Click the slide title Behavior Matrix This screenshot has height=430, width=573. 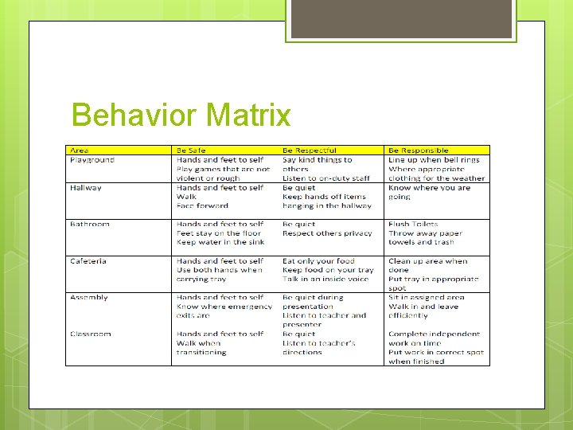(181, 116)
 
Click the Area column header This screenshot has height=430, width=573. (80, 150)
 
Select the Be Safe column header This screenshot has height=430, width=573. (191, 150)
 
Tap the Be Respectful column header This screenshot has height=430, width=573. (310, 150)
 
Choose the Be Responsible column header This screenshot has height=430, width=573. (419, 150)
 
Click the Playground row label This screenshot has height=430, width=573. (92, 159)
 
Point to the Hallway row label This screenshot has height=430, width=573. (86, 188)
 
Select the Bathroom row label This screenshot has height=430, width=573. (90, 225)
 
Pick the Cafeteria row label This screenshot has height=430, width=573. (88, 261)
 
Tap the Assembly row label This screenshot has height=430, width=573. (89, 298)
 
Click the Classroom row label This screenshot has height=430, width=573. (91, 334)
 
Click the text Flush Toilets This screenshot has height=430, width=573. (413, 225)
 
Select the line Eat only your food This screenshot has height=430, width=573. (318, 261)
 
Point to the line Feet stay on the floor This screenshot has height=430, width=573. (219, 233)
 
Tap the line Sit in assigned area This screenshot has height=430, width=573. (427, 298)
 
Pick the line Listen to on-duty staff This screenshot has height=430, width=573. (326, 178)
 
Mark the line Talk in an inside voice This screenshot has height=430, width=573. (325, 279)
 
